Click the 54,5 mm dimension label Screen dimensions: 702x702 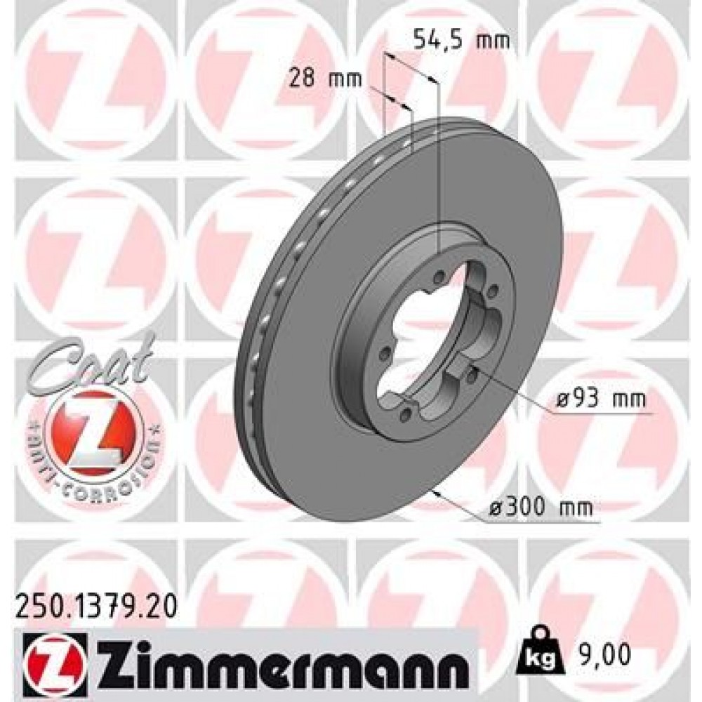coord(459,39)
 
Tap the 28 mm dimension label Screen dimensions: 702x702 coord(325,78)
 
